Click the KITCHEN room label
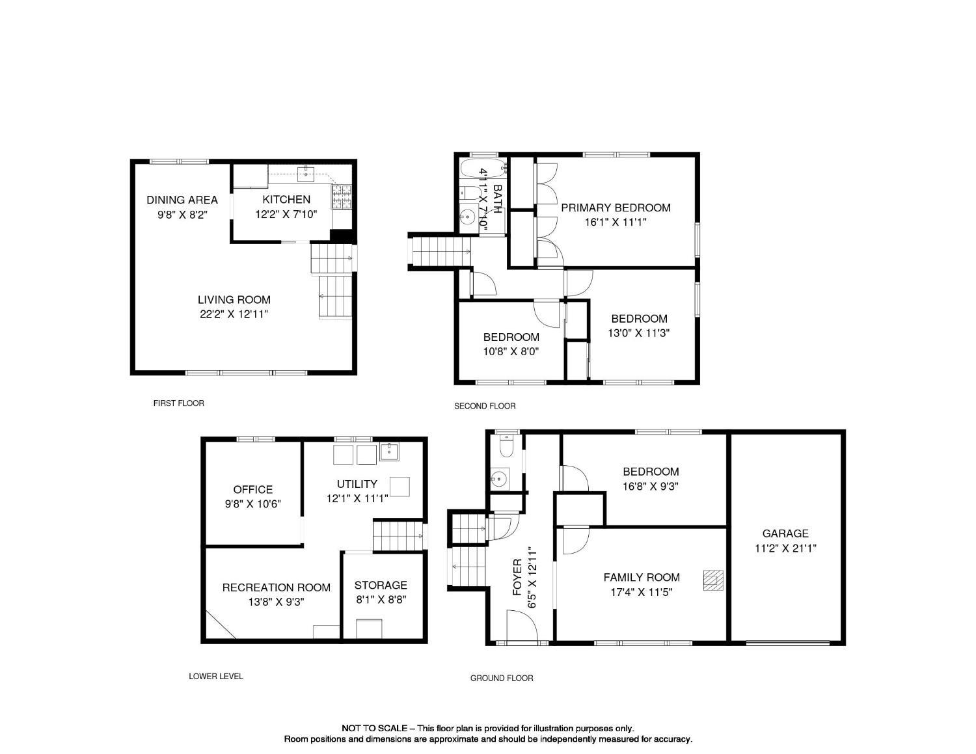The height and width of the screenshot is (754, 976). pos(286,200)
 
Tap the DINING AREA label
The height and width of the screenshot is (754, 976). pos(182,200)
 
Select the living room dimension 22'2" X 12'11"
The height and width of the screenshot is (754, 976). pos(234,314)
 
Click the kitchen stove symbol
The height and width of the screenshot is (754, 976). pos(341,197)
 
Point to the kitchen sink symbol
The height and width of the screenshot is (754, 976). pos(306,173)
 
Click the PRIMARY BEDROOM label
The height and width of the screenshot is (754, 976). pos(616,208)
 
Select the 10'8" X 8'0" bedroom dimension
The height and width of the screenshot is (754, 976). pos(511,351)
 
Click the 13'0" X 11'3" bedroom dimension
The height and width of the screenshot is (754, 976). pos(639,333)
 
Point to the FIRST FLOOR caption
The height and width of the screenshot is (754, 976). pos(178,403)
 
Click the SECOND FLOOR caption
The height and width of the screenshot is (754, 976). pos(485,406)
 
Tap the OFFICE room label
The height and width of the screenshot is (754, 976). pos(253,490)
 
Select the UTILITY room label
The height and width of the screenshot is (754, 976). pos(357,484)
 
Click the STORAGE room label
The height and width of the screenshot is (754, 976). pos(381,586)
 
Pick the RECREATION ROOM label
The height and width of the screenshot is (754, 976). pos(276,587)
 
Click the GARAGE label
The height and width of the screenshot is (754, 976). pos(785,533)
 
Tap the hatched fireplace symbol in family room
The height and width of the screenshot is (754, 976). pos(713,580)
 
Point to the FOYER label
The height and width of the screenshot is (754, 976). pos(518,577)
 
